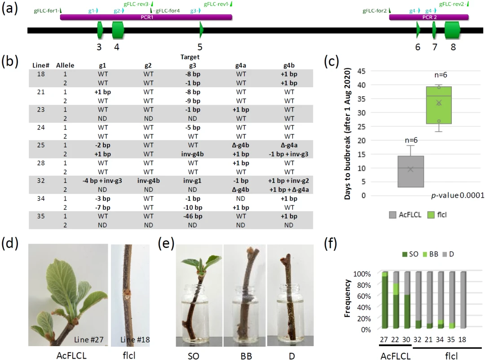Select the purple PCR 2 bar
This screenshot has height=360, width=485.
pos(429,17)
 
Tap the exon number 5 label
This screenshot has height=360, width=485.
pos(200,47)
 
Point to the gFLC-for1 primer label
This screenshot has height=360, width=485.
pos(46,10)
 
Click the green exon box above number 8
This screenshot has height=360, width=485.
pos(452,30)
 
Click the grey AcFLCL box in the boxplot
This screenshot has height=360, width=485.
pos(410,171)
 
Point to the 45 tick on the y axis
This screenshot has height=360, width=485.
pos(362,71)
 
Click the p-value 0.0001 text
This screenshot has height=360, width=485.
pos(451,195)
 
